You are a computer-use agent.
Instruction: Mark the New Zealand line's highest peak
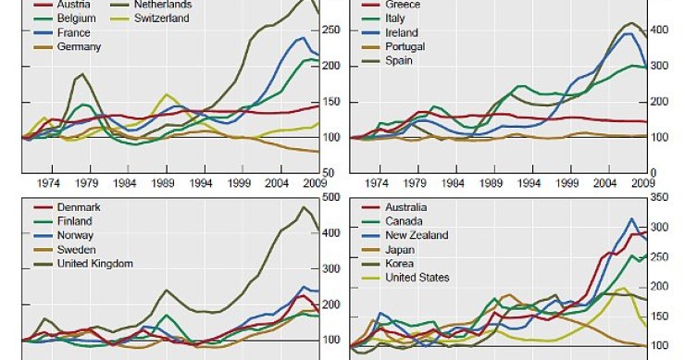click(x=631, y=219)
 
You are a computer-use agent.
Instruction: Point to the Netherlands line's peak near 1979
click(x=82, y=74)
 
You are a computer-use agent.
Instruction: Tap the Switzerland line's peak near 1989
click(x=167, y=93)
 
